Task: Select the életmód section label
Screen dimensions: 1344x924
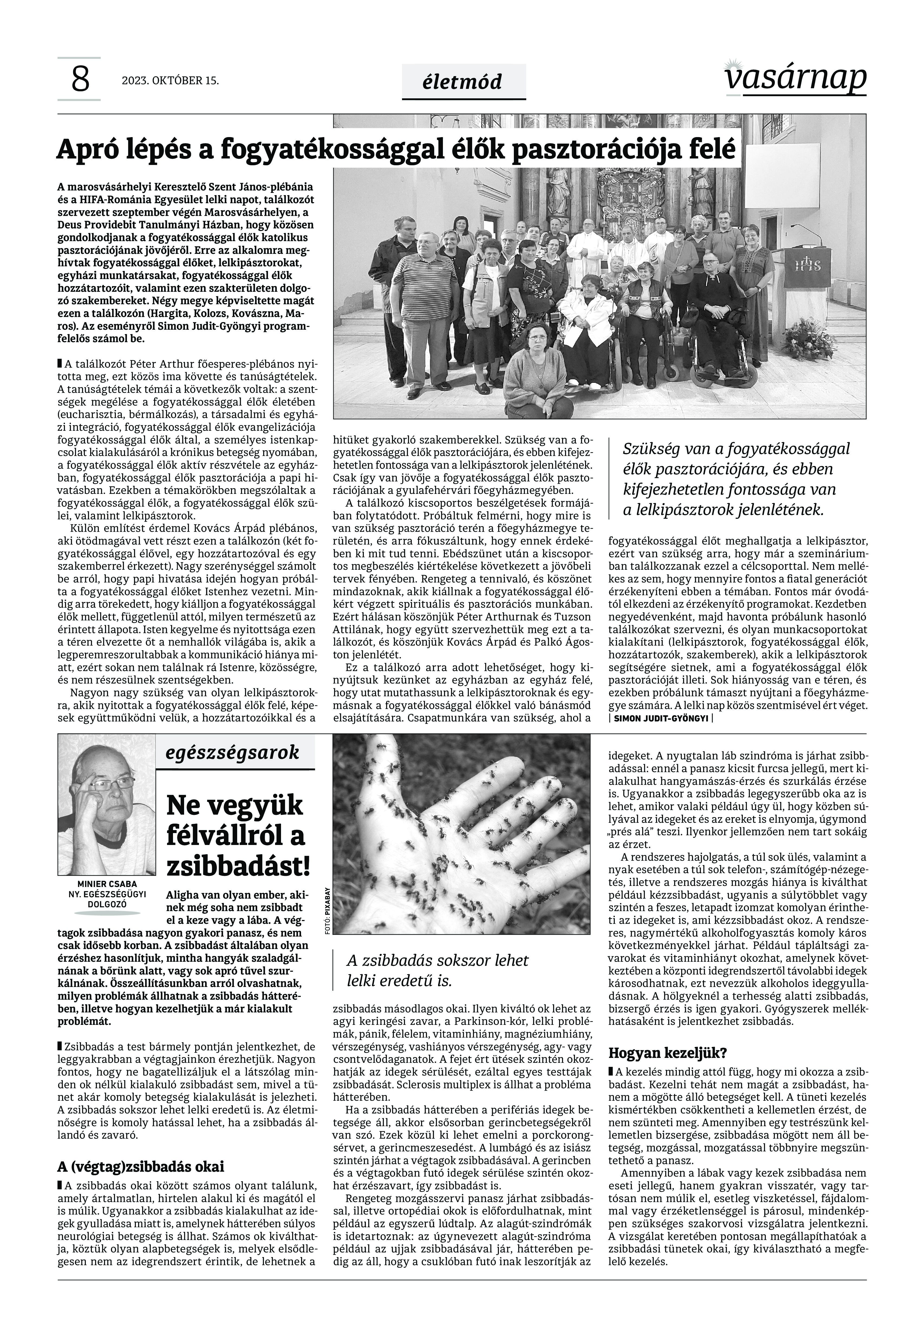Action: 463,82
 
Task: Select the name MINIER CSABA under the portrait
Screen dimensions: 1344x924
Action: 107,884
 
